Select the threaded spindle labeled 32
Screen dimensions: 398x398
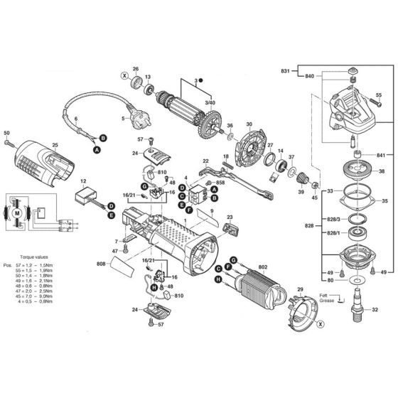click(355, 308)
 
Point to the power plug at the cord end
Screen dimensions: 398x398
click(134, 112)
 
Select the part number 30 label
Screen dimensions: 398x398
click(249, 124)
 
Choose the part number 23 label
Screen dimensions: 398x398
click(229, 217)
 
